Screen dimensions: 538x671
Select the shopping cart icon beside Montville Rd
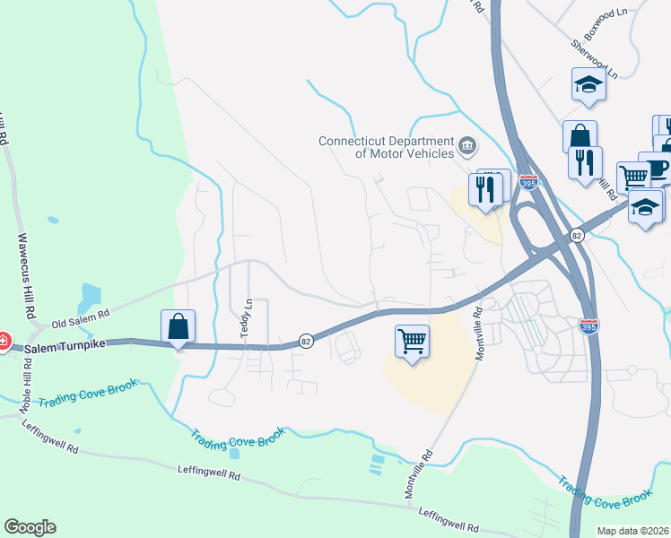(x=412, y=341)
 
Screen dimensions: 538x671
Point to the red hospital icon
(x=3, y=341)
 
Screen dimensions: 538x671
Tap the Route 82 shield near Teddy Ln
(x=306, y=341)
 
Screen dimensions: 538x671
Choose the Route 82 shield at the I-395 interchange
(x=576, y=235)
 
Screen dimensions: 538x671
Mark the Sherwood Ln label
(x=595, y=57)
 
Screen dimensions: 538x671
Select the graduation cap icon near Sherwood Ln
(x=588, y=85)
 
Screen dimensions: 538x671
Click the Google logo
(x=30, y=527)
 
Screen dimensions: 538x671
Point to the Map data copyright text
(x=633, y=531)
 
